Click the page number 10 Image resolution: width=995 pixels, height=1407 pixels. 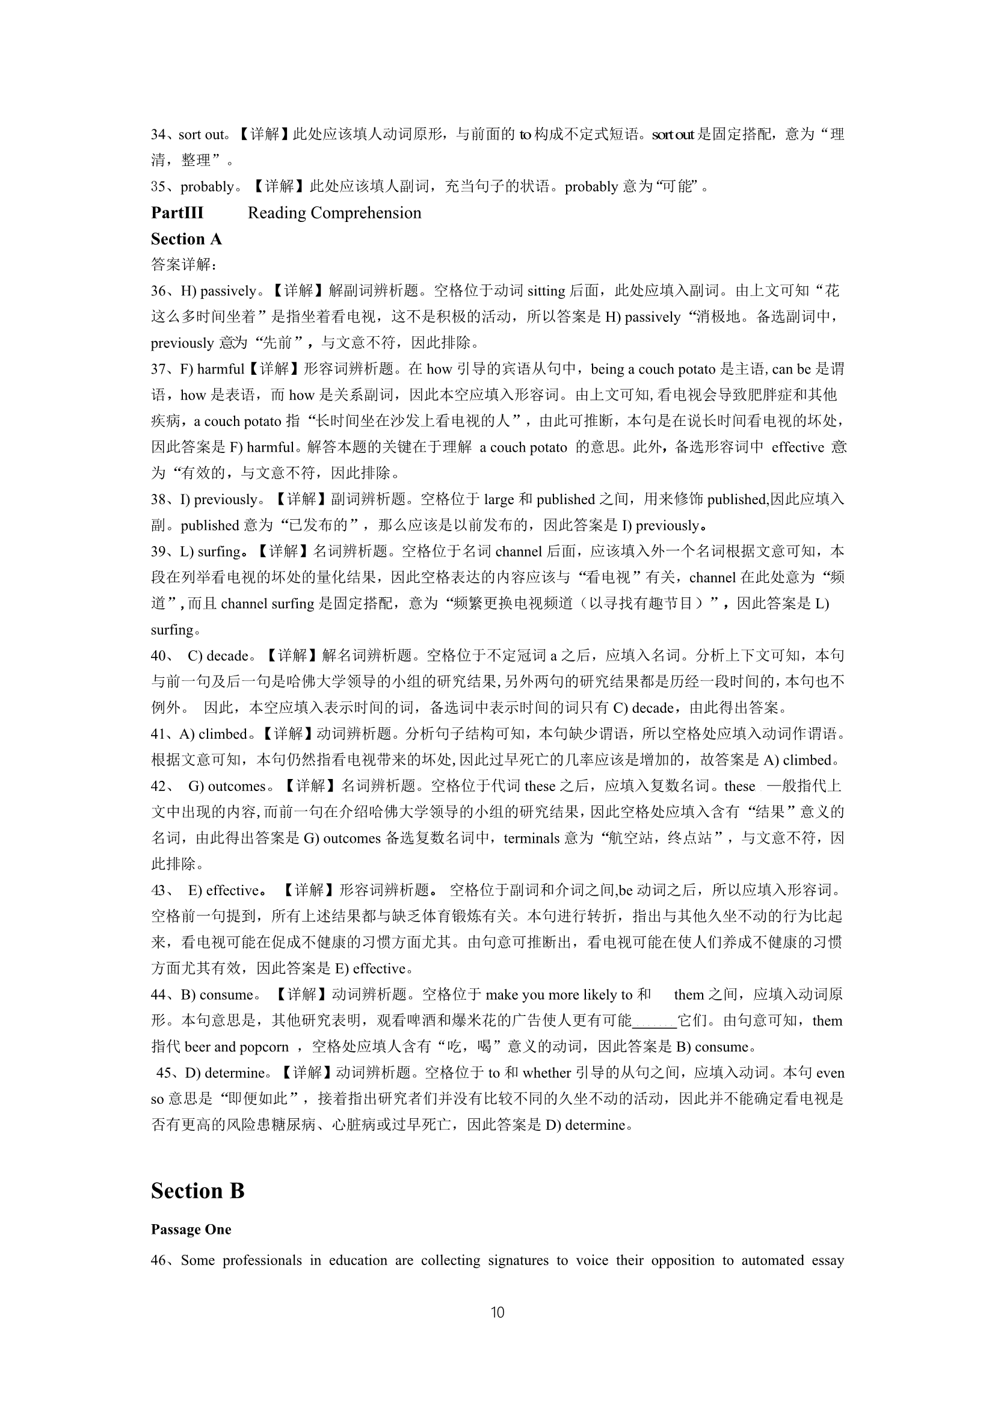tap(498, 1312)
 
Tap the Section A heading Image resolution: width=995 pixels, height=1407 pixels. tap(186, 238)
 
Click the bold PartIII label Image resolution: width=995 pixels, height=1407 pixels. tap(177, 212)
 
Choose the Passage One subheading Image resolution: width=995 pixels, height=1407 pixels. tap(191, 1230)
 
